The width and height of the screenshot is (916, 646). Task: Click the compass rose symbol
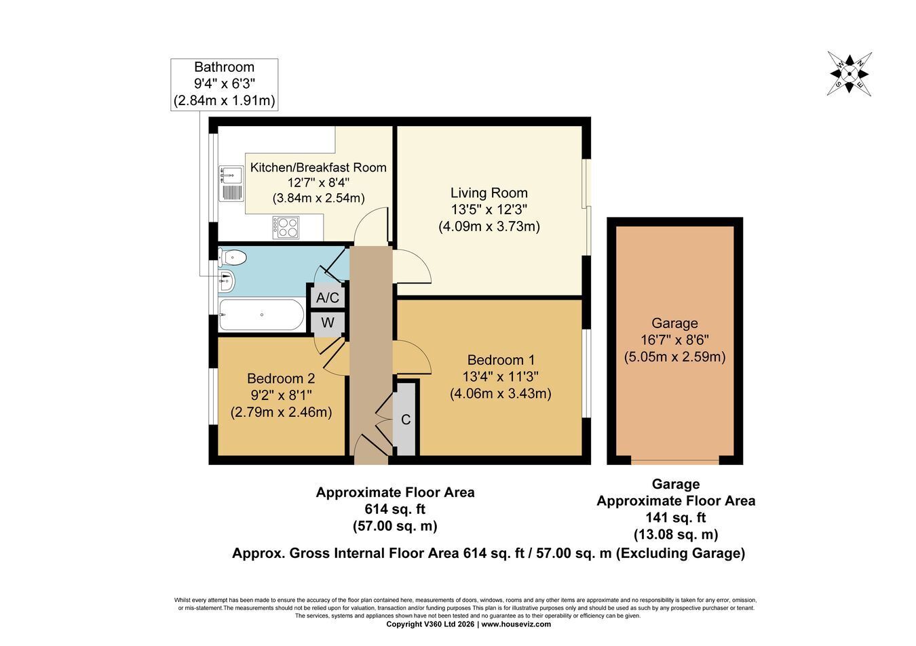(x=850, y=74)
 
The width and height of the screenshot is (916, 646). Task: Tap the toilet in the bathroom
(x=232, y=258)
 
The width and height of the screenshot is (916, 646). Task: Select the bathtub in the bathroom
(x=261, y=315)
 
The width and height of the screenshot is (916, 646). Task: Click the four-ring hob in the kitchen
(x=286, y=228)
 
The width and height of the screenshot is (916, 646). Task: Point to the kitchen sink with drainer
(x=231, y=184)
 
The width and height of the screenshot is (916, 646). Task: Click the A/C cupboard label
(x=328, y=298)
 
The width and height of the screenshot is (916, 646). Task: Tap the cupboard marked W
(x=328, y=323)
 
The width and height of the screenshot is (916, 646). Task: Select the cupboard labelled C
(x=405, y=419)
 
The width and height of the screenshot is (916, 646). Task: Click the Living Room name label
(x=489, y=193)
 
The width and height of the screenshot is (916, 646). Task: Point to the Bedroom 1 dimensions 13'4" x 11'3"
(x=500, y=376)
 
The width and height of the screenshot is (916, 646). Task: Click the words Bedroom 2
(x=281, y=378)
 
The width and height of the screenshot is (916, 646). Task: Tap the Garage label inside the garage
(x=674, y=323)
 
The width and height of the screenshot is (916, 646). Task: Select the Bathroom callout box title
(x=224, y=67)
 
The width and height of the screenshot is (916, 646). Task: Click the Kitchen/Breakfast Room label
(x=318, y=167)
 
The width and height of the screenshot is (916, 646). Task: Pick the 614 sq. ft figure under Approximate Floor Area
(x=395, y=509)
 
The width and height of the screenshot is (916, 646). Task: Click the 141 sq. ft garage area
(x=676, y=518)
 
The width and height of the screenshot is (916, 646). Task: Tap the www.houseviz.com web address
(x=516, y=624)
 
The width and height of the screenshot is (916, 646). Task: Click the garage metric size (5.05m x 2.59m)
(x=674, y=357)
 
